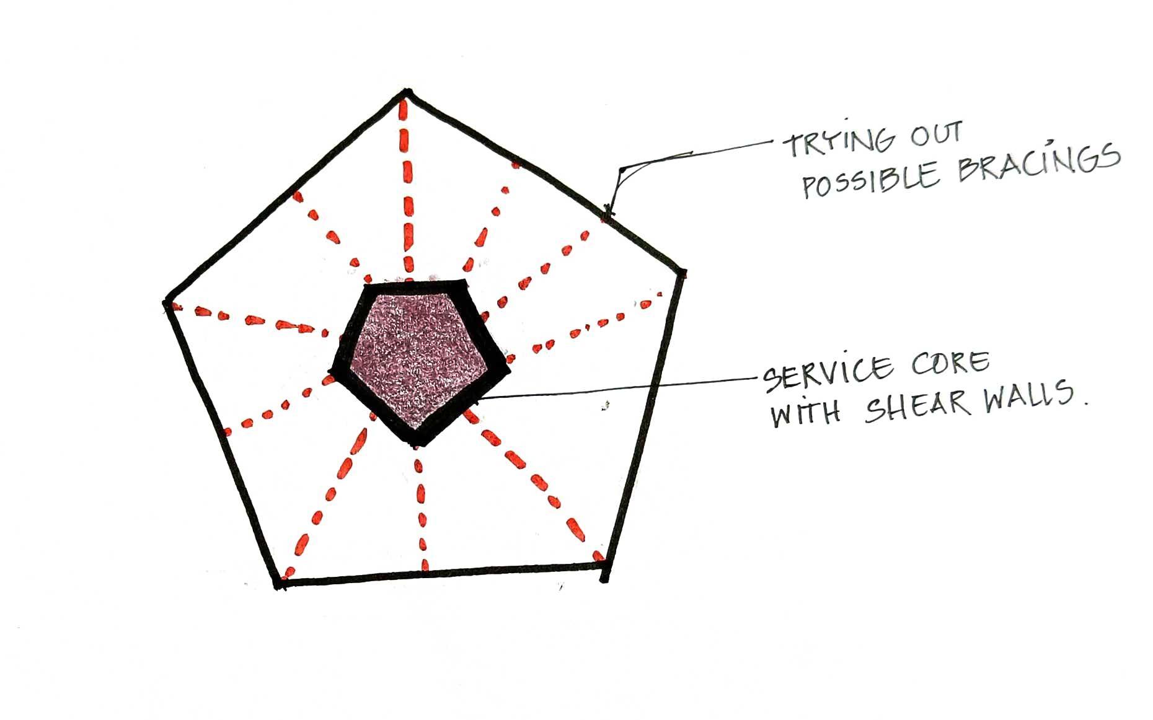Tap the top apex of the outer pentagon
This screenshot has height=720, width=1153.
(x=406, y=93)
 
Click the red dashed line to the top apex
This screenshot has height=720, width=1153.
(x=407, y=186)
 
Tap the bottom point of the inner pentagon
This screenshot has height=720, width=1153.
(x=417, y=441)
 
